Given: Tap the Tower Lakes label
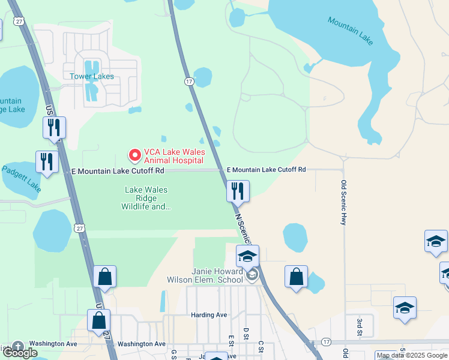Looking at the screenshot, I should pyautogui.click(x=92, y=76).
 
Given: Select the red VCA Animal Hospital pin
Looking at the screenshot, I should pyautogui.click(x=134, y=155).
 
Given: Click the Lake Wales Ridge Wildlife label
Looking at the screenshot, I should pyautogui.click(x=146, y=198).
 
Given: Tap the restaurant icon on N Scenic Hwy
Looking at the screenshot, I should pyautogui.click(x=238, y=191).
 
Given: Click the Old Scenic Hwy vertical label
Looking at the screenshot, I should pyautogui.click(x=344, y=203).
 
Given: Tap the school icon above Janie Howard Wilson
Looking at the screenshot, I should pyautogui.click(x=247, y=256).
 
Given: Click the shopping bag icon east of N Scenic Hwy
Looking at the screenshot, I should pyautogui.click(x=296, y=277).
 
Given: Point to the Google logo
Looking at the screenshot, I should pyautogui.click(x=20, y=353).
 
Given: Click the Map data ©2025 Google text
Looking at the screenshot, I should pyautogui.click(x=412, y=355).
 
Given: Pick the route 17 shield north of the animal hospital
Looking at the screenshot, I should pyautogui.click(x=189, y=81).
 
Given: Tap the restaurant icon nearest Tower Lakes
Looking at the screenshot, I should pyautogui.click(x=54, y=127).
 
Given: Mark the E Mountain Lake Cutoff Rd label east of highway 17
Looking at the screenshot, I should pyautogui.click(x=267, y=170).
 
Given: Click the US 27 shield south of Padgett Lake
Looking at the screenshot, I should pyautogui.click(x=79, y=227).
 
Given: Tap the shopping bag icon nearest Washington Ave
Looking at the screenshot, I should pyautogui.click(x=99, y=320).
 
